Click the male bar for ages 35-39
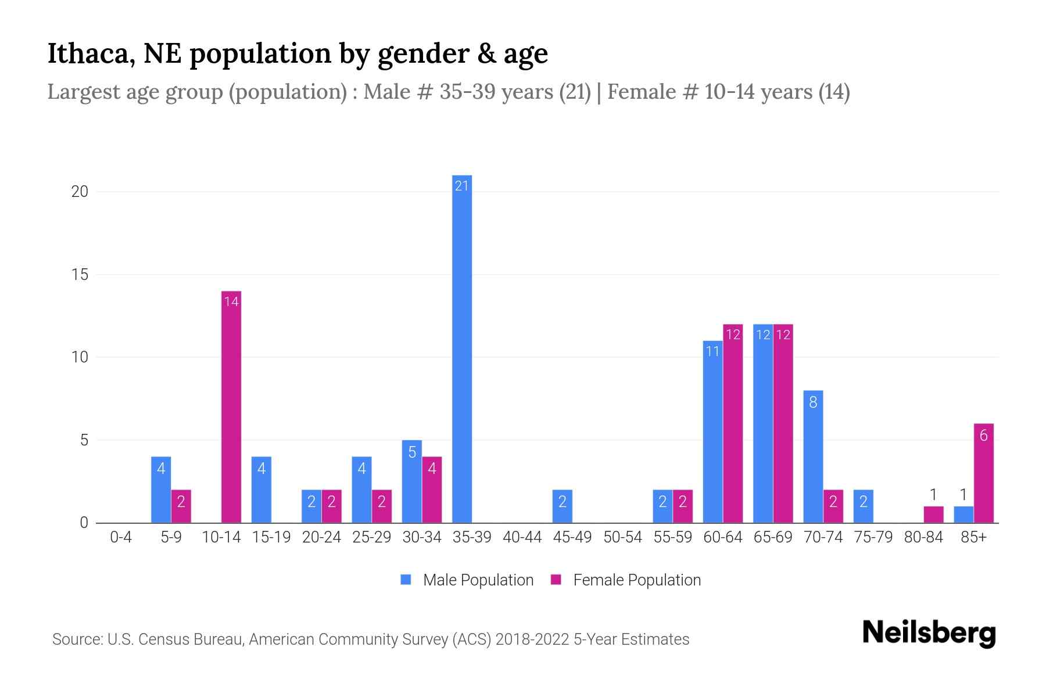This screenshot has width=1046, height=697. click(x=462, y=348)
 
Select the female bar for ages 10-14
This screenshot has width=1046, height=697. click(x=231, y=407)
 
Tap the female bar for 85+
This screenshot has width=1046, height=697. click(x=983, y=473)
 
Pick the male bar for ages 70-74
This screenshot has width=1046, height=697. click(x=813, y=457)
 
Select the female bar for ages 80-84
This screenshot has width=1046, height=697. click(x=933, y=515)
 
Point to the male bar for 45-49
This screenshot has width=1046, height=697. click(x=562, y=506)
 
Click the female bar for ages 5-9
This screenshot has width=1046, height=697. click(x=181, y=506)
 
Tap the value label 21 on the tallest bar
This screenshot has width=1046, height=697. click(x=462, y=186)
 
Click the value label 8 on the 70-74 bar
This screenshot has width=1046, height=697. click(x=813, y=402)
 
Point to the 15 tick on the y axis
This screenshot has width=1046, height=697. click(x=80, y=275)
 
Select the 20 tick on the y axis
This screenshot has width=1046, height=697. click(x=80, y=192)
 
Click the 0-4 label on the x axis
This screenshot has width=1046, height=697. click(x=121, y=537)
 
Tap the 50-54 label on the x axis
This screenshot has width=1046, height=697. click(x=622, y=537)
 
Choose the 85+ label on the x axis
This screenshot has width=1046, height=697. click(x=973, y=537)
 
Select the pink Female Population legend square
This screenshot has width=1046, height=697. click(x=556, y=580)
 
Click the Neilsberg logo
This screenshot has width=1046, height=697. click(x=929, y=633)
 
